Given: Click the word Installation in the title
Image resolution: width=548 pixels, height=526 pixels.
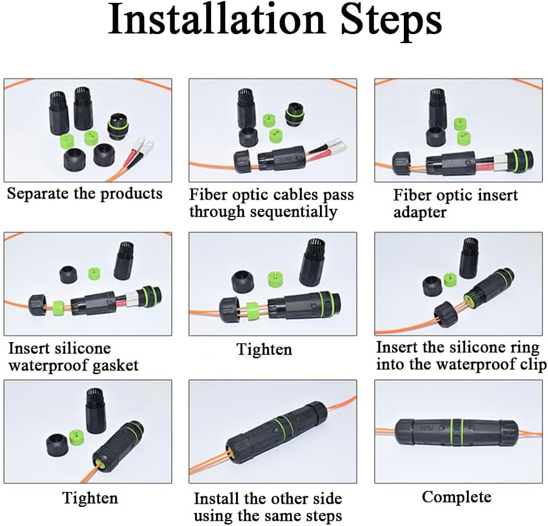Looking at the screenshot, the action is pos(216,19).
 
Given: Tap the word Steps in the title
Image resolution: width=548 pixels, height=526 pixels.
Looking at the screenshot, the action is pos(391,22).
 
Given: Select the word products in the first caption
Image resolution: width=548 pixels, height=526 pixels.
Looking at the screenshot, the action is pos(131,193).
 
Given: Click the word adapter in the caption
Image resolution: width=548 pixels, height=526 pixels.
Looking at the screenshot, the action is pos(420,212).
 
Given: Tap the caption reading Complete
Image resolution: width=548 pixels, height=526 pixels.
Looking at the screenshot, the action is pos(457,497).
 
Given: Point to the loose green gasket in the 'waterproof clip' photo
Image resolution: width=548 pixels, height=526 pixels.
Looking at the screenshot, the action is pos(450,279).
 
